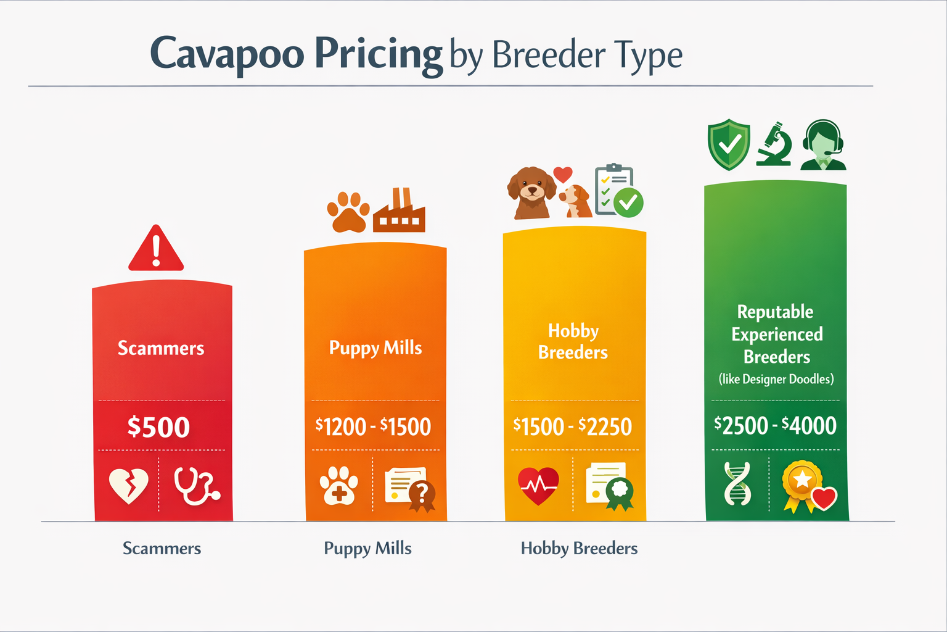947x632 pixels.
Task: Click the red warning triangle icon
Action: point(156,249)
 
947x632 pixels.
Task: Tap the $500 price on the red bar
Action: point(158,427)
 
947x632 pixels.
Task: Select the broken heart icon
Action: point(128,485)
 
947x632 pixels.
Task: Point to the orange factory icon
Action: point(399,212)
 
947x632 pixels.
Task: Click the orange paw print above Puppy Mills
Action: point(348,212)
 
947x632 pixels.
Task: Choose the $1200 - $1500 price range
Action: point(373,426)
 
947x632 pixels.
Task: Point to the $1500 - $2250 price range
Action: point(573,426)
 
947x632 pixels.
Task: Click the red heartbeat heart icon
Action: point(538,485)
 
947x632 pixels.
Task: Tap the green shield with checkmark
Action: point(729,144)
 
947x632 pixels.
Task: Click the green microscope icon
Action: point(774,144)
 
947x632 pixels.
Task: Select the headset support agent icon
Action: point(823,146)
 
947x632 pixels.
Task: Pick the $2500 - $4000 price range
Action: point(775,425)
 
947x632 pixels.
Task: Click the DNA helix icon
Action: point(737,484)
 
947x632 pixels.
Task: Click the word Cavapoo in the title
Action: point(227,54)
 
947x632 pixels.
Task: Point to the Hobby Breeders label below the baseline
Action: point(579,548)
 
